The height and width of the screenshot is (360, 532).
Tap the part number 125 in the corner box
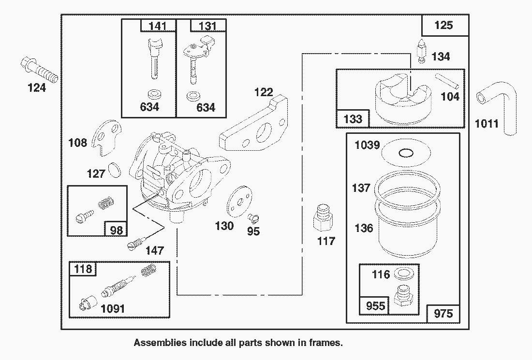(x=443, y=25)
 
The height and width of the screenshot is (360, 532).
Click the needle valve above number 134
(x=422, y=51)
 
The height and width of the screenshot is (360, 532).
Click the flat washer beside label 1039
(x=406, y=153)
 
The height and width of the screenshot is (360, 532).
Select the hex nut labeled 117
(x=323, y=218)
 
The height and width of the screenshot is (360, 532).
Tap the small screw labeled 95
(x=253, y=217)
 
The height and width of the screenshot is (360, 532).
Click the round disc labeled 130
(x=239, y=202)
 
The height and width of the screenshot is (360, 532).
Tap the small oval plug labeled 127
(x=114, y=170)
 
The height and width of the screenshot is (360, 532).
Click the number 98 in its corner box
(x=117, y=230)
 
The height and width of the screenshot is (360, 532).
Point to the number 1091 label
(x=113, y=308)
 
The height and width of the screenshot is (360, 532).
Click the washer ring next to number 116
(x=403, y=274)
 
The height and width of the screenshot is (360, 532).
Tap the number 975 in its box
(x=443, y=314)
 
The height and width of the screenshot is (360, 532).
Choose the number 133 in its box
(x=353, y=119)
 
